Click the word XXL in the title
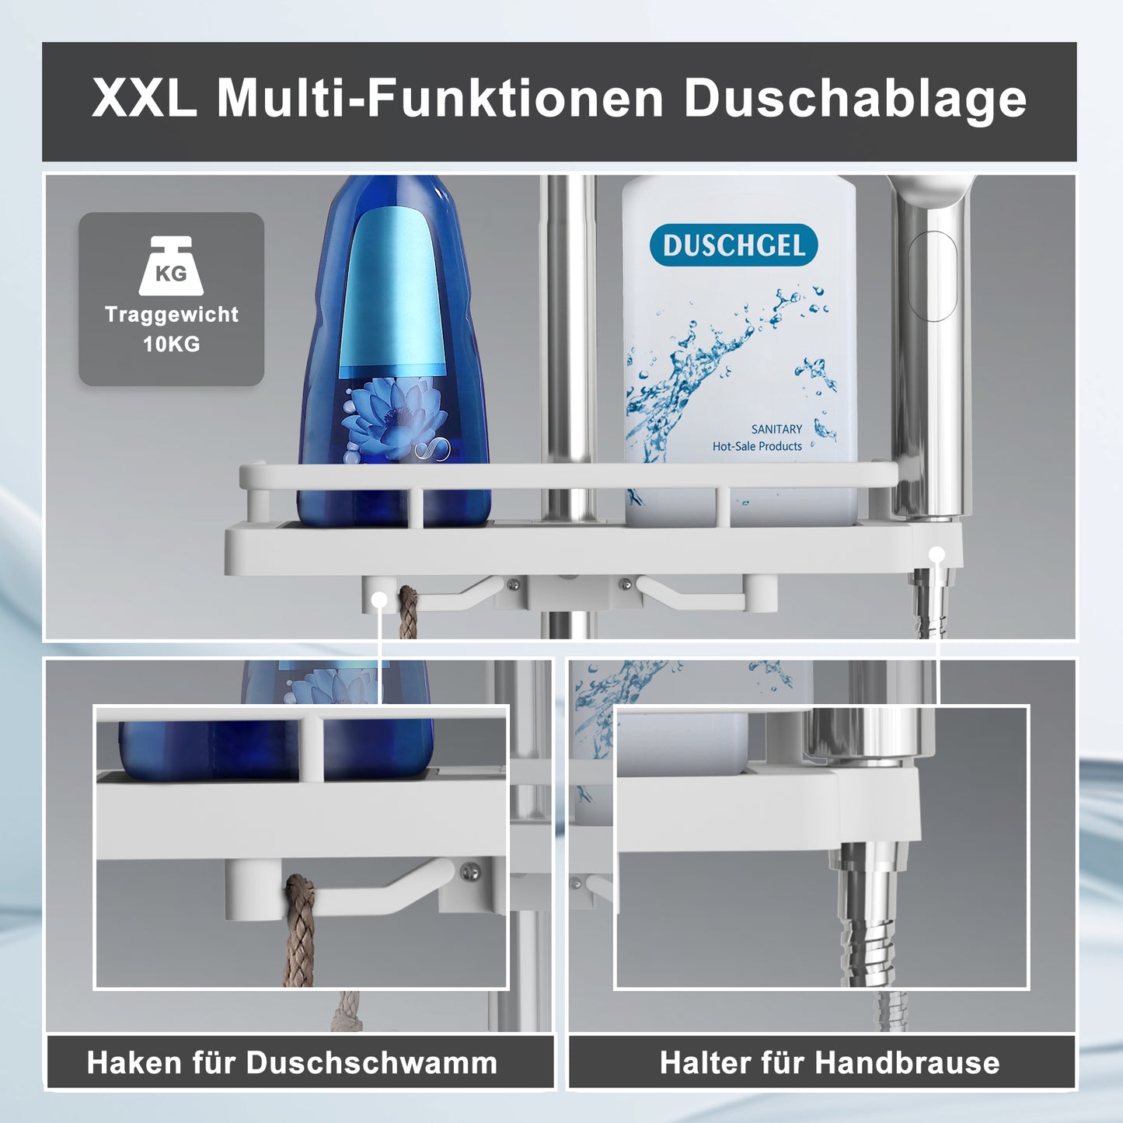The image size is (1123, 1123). [x=145, y=97]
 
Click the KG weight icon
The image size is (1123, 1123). [x=171, y=266]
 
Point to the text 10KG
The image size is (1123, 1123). [x=171, y=344]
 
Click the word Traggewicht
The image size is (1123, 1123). [x=171, y=315]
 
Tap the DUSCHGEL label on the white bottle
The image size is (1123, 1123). [x=734, y=245]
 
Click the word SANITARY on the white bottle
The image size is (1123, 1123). [x=776, y=430]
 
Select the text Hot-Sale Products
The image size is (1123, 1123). [x=757, y=446]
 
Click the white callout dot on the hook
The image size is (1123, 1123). [x=378, y=600]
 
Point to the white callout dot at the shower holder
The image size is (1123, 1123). [x=936, y=554]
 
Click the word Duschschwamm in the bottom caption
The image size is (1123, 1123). [x=371, y=1063]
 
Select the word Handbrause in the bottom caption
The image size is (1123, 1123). [x=908, y=1062]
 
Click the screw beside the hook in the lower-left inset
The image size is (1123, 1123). [x=469, y=872]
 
